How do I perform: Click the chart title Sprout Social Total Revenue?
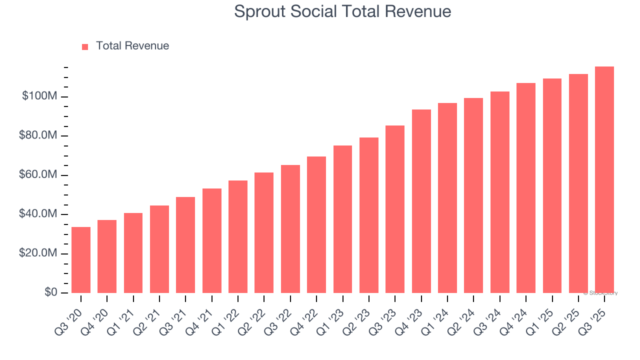tap(342, 11)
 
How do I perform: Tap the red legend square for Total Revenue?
tap(85, 46)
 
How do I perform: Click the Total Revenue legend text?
tap(132, 46)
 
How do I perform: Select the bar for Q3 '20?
tap(81, 260)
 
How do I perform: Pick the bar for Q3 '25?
tap(604, 180)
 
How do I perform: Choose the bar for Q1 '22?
tap(238, 236)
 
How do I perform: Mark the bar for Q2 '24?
tap(473, 195)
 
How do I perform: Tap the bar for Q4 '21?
tap(212, 240)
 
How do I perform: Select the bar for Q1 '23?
tap(342, 219)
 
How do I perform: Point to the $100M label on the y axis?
tap(39, 96)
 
